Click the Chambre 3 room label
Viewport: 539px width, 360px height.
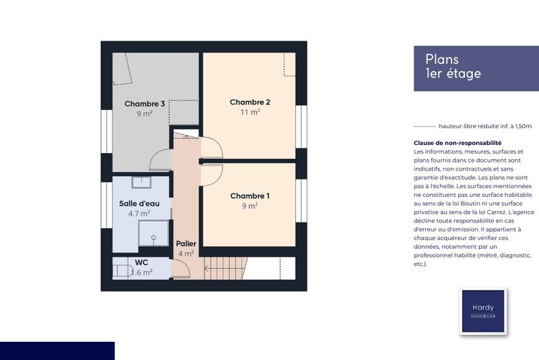pyautogui.click(x=145, y=104)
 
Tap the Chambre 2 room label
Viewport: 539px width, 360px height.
pyautogui.click(x=250, y=102)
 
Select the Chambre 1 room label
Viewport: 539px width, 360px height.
pyautogui.click(x=250, y=196)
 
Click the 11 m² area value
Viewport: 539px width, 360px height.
pyautogui.click(x=250, y=113)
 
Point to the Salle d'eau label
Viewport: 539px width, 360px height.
pyautogui.click(x=140, y=204)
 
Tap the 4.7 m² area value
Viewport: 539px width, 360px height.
pyautogui.click(x=140, y=214)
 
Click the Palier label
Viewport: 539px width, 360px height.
pyautogui.click(x=185, y=243)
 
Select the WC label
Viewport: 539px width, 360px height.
pyautogui.click(x=141, y=262)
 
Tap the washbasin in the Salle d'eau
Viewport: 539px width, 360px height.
pyautogui.click(x=141, y=183)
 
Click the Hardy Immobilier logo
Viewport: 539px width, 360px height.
pyautogui.click(x=482, y=311)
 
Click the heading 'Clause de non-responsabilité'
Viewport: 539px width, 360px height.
pyautogui.click(x=457, y=143)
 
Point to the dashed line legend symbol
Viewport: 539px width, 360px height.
pyautogui.click(x=424, y=126)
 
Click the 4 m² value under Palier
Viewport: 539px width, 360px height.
pyautogui.click(x=185, y=254)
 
